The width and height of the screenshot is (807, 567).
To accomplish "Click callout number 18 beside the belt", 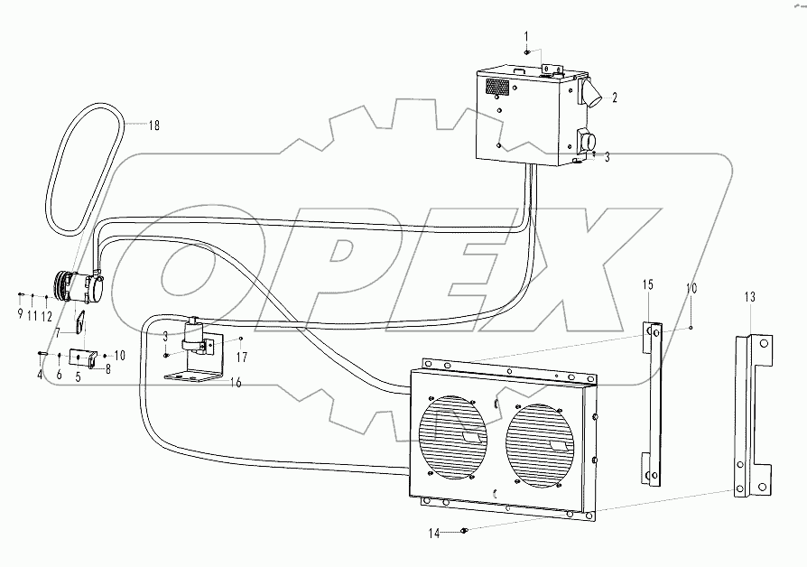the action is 153,125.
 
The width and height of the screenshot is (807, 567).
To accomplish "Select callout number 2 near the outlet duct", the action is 615,98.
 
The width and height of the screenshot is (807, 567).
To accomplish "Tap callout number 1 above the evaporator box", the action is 526,36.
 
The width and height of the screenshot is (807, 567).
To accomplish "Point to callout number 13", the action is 750,297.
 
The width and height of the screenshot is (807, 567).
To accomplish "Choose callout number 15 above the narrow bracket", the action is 647,284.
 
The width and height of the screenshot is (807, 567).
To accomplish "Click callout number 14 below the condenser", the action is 435,534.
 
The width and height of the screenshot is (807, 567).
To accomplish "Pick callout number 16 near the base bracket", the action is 236,383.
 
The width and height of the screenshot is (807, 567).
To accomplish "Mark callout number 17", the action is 242,357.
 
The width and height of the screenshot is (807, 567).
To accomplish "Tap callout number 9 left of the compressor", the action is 20,313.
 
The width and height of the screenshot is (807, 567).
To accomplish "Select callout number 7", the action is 58,333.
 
